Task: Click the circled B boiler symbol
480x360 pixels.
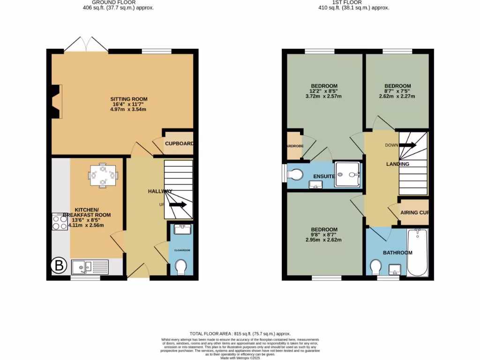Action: [x=59, y=266]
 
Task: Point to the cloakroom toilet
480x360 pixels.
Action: [x=180, y=268]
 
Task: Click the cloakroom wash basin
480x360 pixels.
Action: [x=180, y=230]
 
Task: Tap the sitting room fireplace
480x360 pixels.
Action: [x=56, y=102]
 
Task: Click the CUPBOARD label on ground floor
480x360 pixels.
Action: [x=179, y=144]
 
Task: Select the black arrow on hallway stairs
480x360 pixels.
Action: [x=178, y=205]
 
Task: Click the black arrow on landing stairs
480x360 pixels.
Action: [x=407, y=145]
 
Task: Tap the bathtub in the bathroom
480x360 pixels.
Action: [x=417, y=253]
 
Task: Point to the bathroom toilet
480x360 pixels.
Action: [x=375, y=268]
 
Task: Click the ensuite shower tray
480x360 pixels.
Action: [x=347, y=174]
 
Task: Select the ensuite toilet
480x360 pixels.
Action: [x=296, y=174]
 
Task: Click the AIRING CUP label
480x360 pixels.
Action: [x=415, y=213]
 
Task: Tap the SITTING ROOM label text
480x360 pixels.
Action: [x=129, y=99]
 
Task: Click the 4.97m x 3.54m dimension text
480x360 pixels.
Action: [x=129, y=110]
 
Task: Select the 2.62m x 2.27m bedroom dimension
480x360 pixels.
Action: [x=397, y=97]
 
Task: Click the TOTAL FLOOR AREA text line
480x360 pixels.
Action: [x=240, y=332]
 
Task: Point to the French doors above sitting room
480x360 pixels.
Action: [x=86, y=44]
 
